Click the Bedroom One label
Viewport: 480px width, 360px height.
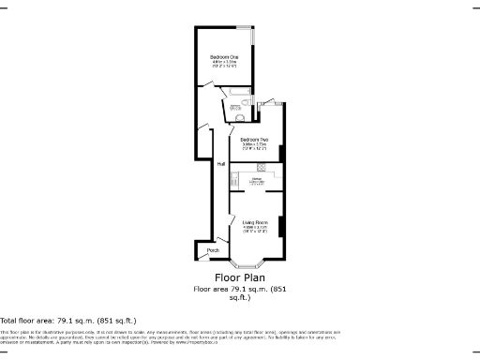coord(223,58)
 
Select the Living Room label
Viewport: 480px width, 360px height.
coord(255,222)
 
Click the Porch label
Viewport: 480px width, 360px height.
coord(214,250)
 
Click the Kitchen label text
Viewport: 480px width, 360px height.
coord(255,178)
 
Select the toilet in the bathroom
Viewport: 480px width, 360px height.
coord(240,119)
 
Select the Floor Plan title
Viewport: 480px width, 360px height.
coord(240,277)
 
